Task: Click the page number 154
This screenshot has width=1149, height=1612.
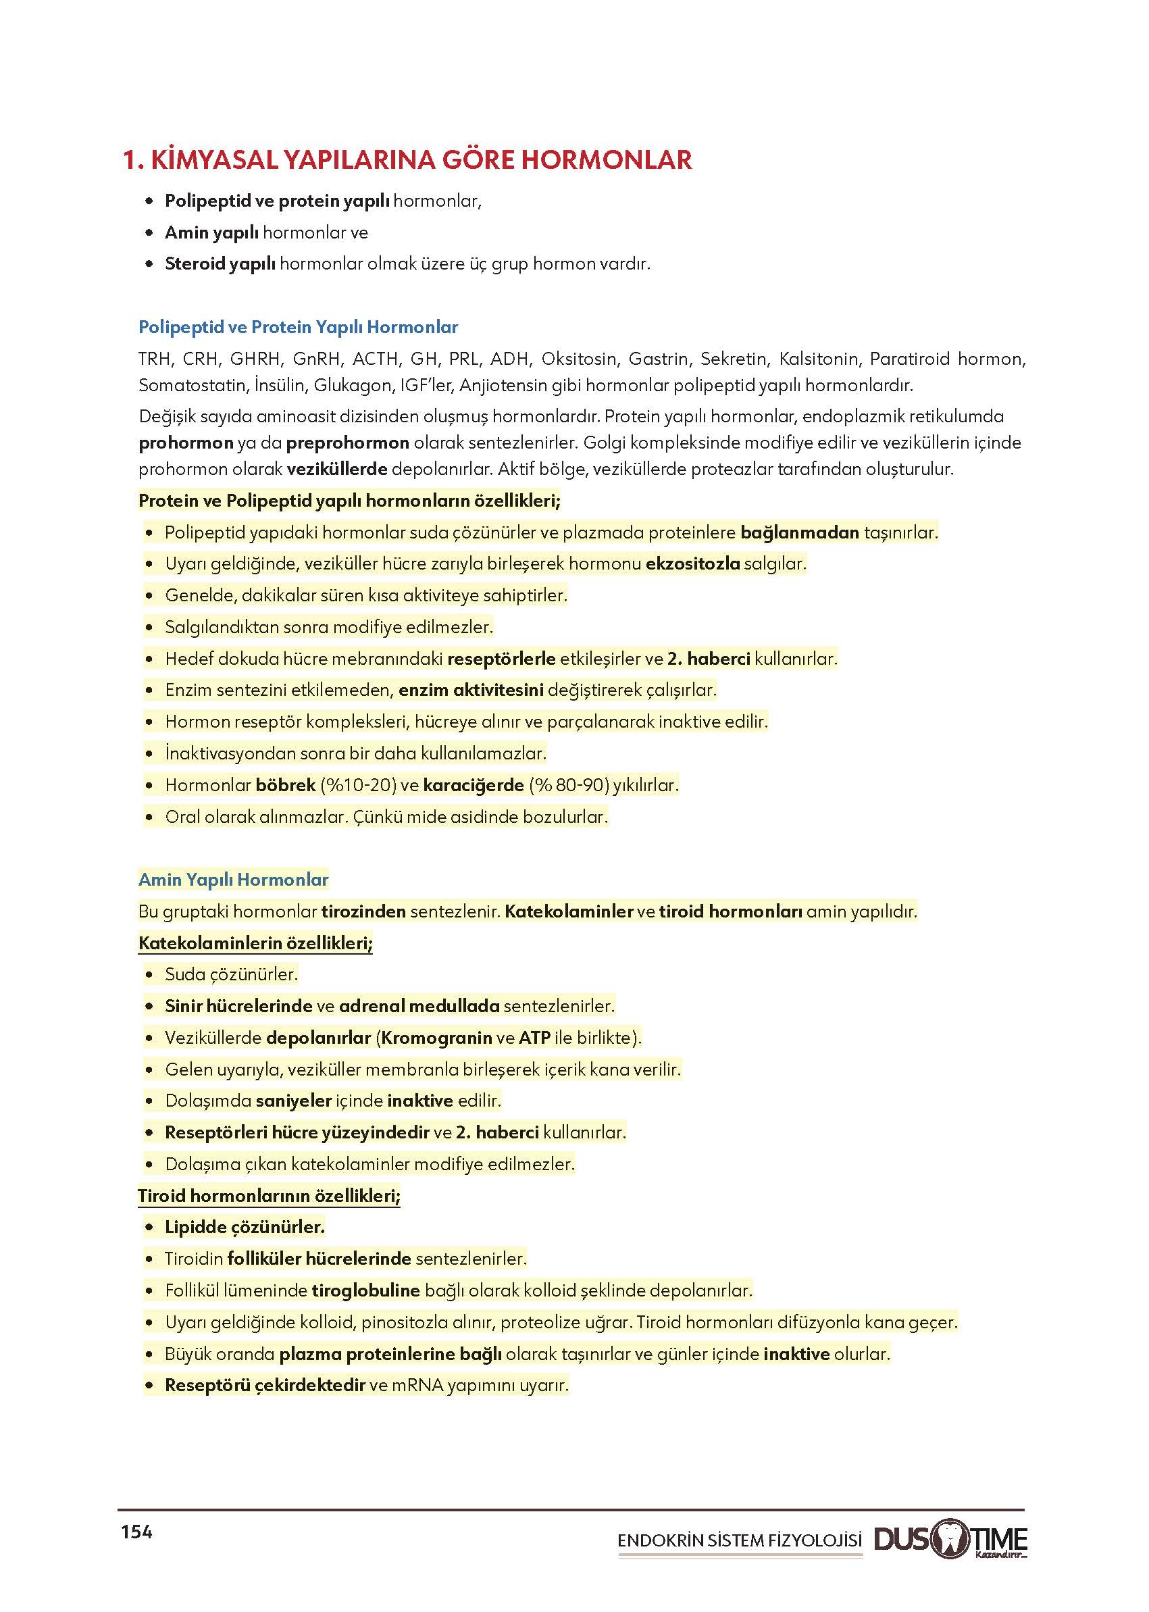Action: (136, 1532)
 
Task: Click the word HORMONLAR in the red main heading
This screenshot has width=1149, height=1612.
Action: (607, 160)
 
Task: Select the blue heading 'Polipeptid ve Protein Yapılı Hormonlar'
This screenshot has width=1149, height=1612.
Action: (298, 327)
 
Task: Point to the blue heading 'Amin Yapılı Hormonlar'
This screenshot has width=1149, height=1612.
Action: (234, 880)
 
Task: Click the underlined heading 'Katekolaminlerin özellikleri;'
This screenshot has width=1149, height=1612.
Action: (255, 942)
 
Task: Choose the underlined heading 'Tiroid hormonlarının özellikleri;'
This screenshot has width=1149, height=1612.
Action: (269, 1195)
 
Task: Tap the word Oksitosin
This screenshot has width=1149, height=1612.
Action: (579, 359)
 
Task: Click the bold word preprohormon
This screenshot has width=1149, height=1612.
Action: (347, 443)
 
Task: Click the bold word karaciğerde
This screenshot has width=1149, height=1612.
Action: (474, 785)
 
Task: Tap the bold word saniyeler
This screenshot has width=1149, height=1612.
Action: (294, 1101)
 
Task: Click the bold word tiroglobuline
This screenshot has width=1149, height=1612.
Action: (366, 1290)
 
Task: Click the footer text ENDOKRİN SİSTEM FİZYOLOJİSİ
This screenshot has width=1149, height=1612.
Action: (740, 1540)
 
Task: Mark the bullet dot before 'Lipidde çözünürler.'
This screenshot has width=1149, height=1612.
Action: (149, 1227)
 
